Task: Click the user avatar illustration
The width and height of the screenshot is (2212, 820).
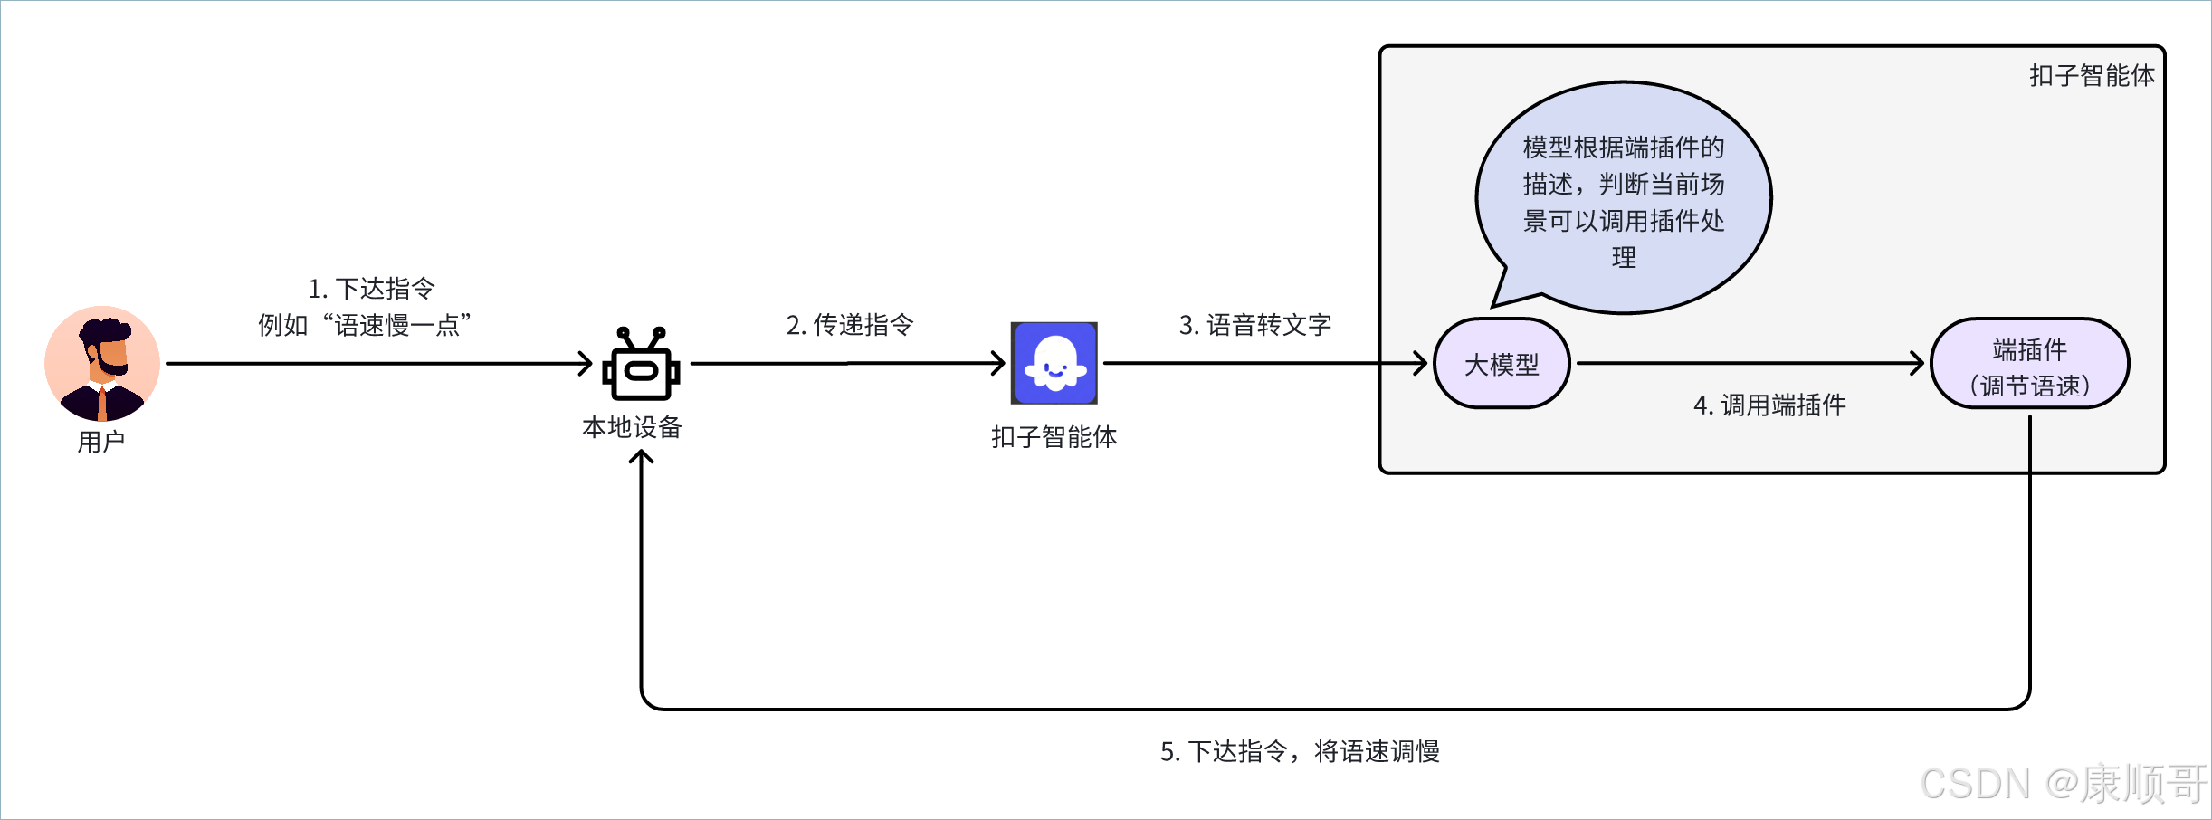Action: tap(102, 363)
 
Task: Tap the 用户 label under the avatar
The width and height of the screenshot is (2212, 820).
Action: tap(101, 442)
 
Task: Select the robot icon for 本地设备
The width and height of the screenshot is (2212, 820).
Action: tap(641, 364)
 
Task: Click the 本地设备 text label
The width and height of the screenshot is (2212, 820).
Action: tap(632, 427)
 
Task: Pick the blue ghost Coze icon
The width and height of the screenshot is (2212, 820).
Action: tap(1054, 363)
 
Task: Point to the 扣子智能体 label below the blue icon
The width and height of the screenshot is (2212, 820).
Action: tap(1054, 437)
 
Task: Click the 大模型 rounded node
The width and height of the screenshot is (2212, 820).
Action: tap(1502, 364)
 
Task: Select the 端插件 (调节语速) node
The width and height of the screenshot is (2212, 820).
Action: tap(2029, 364)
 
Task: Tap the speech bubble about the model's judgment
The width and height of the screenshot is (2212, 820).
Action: tap(1624, 199)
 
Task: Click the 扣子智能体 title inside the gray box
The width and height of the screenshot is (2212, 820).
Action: tap(2092, 75)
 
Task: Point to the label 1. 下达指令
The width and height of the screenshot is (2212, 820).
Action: tap(371, 289)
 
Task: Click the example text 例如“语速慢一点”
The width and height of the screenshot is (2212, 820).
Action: tap(364, 325)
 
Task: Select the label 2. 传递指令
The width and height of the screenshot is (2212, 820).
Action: tap(850, 325)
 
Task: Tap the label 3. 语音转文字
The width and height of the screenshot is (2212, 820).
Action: tap(1254, 325)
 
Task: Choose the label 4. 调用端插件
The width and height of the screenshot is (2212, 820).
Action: tap(1769, 405)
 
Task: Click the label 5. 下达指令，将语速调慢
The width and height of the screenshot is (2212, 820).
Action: tap(1300, 751)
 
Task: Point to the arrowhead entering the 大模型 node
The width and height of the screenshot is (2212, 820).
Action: tap(1422, 364)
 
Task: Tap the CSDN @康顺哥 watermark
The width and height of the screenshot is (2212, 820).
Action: tap(2064, 784)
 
